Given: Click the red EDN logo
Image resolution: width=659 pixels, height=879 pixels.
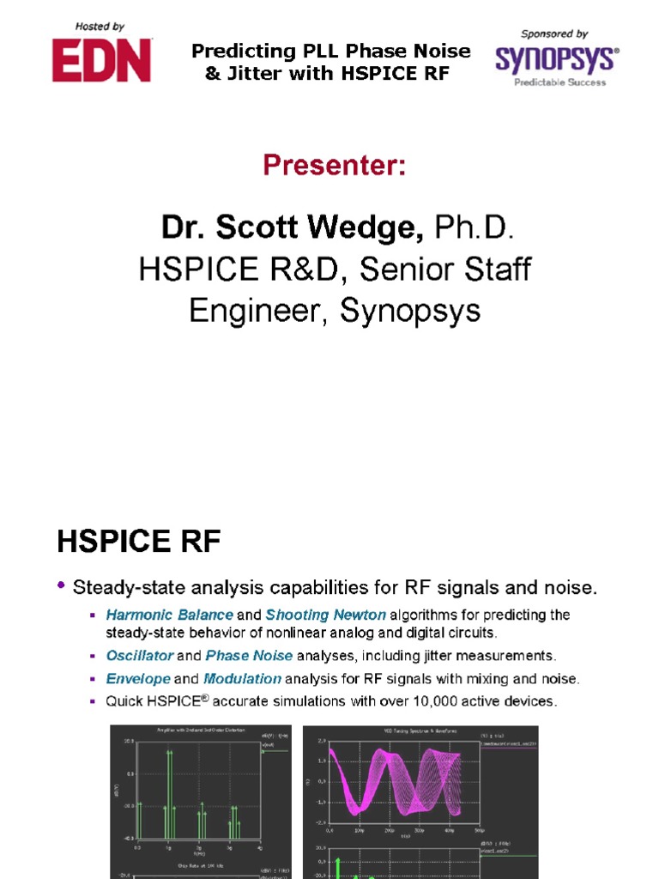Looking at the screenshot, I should [x=101, y=60].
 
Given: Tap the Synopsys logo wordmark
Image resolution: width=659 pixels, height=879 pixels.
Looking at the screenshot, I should [x=554, y=58].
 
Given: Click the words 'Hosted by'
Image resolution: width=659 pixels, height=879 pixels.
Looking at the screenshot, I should [x=100, y=27].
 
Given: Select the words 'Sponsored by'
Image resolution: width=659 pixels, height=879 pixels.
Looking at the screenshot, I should [x=554, y=34].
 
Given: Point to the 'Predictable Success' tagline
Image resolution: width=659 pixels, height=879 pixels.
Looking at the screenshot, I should [x=559, y=82].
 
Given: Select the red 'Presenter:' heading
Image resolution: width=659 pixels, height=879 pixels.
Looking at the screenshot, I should [x=334, y=164].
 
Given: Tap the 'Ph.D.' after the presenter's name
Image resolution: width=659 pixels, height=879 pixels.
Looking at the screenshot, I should [x=474, y=228].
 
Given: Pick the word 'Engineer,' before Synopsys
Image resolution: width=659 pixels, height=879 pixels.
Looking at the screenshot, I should [x=259, y=311].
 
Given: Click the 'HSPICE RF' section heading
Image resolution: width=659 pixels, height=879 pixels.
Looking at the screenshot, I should [x=139, y=542].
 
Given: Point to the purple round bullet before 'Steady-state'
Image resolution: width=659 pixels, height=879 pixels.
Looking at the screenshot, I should [x=61, y=586].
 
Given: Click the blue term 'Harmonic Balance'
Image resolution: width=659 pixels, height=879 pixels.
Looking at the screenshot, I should [x=169, y=615].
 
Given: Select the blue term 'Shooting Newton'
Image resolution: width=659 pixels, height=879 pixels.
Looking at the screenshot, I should [x=326, y=615].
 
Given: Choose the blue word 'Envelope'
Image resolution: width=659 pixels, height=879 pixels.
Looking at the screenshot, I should [x=138, y=679].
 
